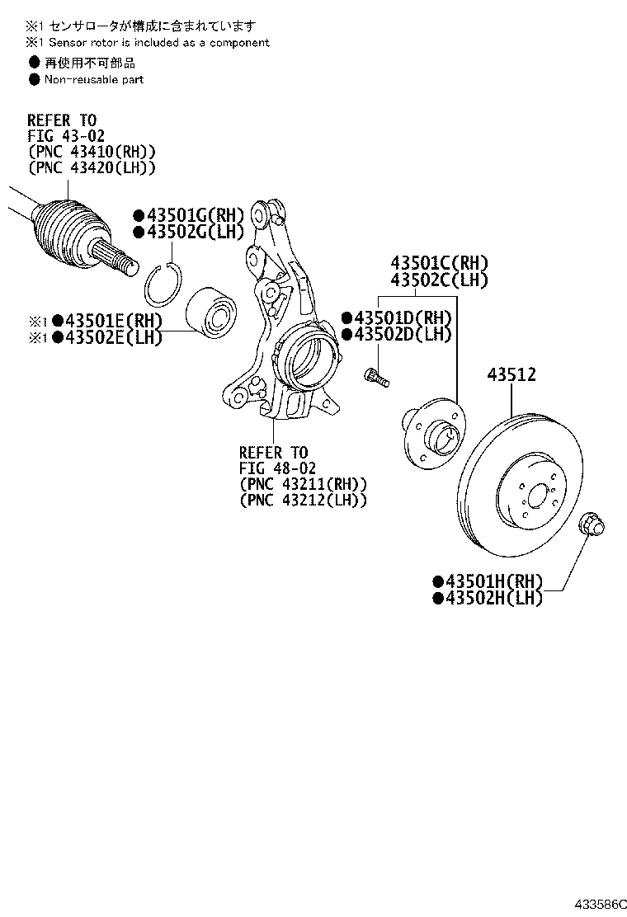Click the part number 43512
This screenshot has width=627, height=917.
click(511, 375)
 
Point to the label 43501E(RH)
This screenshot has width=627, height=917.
click(107, 321)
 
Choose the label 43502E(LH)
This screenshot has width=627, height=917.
click(107, 336)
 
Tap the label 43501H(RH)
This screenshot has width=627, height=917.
click(488, 582)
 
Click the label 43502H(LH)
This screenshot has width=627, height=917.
click(488, 599)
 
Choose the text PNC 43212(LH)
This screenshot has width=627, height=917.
click(303, 500)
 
